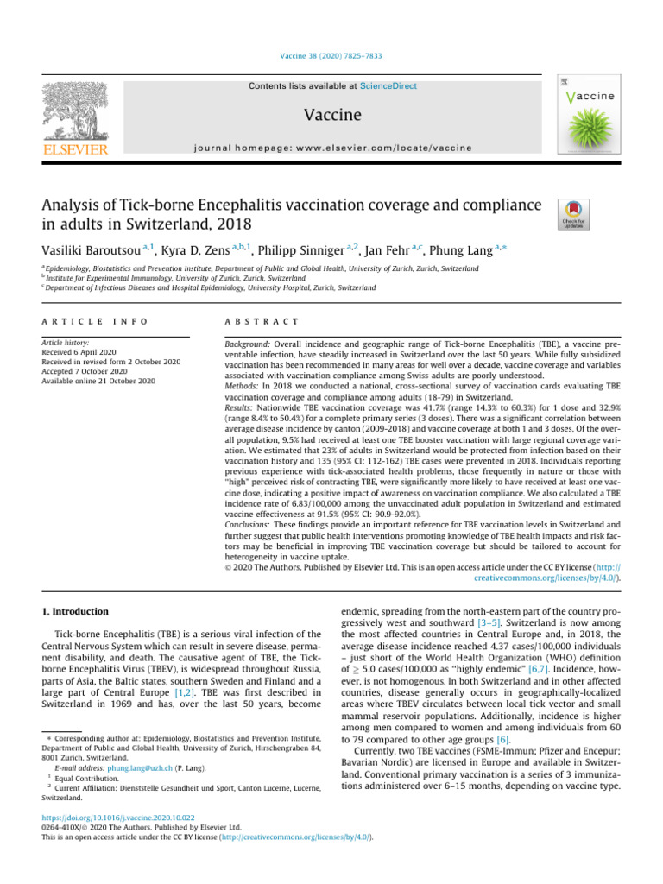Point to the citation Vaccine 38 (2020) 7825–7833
click(x=331, y=57)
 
